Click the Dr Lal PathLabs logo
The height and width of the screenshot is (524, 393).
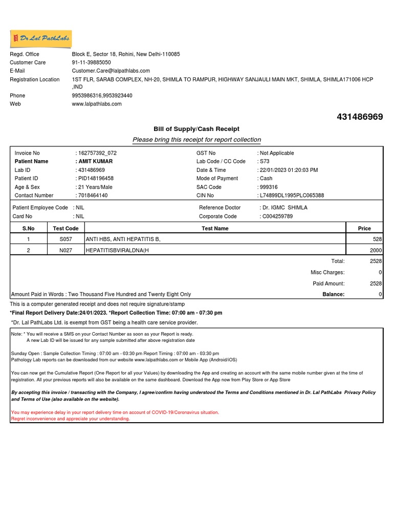(41, 38)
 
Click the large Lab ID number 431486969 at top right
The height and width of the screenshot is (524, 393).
(360, 117)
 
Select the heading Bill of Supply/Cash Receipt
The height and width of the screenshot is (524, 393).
(196, 129)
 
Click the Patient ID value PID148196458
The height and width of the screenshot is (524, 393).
(96, 178)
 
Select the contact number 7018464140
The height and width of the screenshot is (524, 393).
(93, 195)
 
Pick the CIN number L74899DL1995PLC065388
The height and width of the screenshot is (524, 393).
(292, 195)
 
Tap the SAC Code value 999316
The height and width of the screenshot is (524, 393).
(269, 187)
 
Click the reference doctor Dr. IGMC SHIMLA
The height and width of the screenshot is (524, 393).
(285, 208)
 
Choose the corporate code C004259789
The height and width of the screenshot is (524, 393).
(277, 216)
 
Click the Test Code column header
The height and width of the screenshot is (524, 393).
(66, 229)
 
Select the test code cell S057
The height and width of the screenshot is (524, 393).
(66, 239)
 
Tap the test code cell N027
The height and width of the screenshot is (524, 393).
(66, 250)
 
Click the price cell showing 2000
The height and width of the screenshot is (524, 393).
(376, 250)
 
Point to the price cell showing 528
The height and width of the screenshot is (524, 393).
(378, 239)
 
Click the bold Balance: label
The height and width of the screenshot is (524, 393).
(333, 294)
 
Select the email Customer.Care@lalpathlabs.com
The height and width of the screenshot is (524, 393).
(111, 71)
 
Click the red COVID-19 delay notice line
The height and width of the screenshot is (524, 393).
(115, 412)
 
